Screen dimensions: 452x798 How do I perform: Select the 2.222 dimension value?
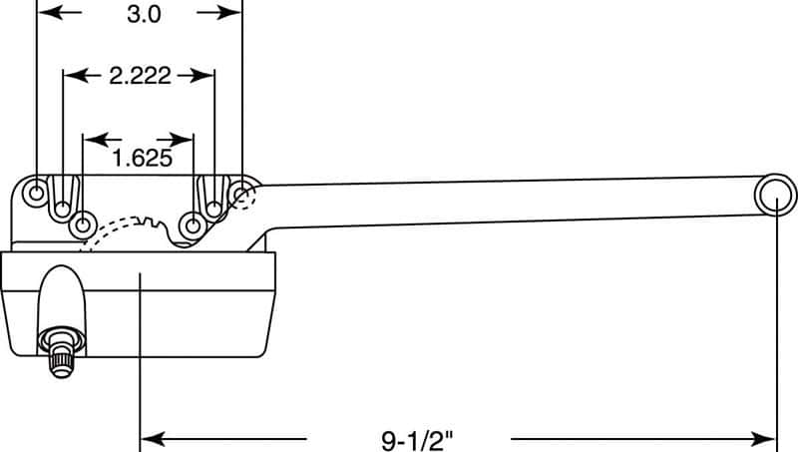[140, 76]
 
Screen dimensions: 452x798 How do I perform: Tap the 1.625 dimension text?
[139, 157]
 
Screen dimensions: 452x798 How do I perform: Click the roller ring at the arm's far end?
[776, 195]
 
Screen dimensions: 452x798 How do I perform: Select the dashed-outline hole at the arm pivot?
[242, 193]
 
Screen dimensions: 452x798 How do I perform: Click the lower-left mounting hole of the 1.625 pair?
[83, 222]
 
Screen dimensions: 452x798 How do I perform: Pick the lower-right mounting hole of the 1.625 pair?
[192, 222]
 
